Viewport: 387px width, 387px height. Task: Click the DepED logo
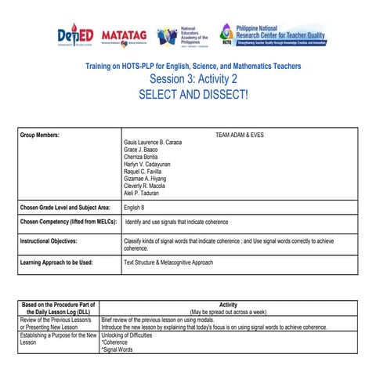pos(74,35)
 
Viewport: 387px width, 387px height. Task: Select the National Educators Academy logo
pos(183,36)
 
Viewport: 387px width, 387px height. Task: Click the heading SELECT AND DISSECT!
pos(193,94)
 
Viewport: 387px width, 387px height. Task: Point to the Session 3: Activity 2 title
pos(193,80)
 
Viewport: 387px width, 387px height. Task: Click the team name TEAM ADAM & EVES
pos(239,135)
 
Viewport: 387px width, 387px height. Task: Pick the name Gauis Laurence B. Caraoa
pos(153,142)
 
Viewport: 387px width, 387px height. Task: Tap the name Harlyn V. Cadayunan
pos(150,164)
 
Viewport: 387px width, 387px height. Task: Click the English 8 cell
pos(136,208)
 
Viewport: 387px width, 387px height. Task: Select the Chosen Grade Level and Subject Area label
pos(65,208)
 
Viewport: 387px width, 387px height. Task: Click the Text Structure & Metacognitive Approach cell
pos(168,262)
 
